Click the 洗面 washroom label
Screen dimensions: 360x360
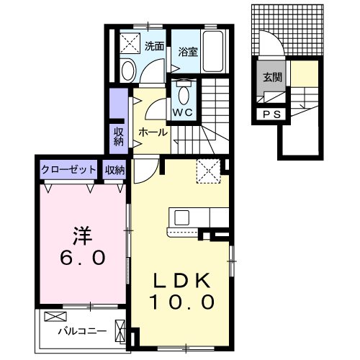click(x=153, y=47)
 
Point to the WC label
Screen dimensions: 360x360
click(x=182, y=113)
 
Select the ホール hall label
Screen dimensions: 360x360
click(x=153, y=132)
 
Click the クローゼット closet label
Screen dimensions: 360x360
click(x=68, y=170)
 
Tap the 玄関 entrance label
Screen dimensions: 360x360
click(x=271, y=77)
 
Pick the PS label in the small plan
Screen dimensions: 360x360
click(x=271, y=113)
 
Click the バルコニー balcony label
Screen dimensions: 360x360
click(x=82, y=332)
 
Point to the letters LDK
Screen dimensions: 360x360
click(x=181, y=280)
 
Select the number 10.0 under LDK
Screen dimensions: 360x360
click(x=181, y=302)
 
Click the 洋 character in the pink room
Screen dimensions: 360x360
click(x=83, y=234)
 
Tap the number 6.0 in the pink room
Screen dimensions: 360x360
click(x=83, y=256)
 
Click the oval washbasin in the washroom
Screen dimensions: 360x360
click(x=127, y=71)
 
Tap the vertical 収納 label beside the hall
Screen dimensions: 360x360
click(x=119, y=136)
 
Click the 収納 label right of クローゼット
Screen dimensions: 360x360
click(x=114, y=170)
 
